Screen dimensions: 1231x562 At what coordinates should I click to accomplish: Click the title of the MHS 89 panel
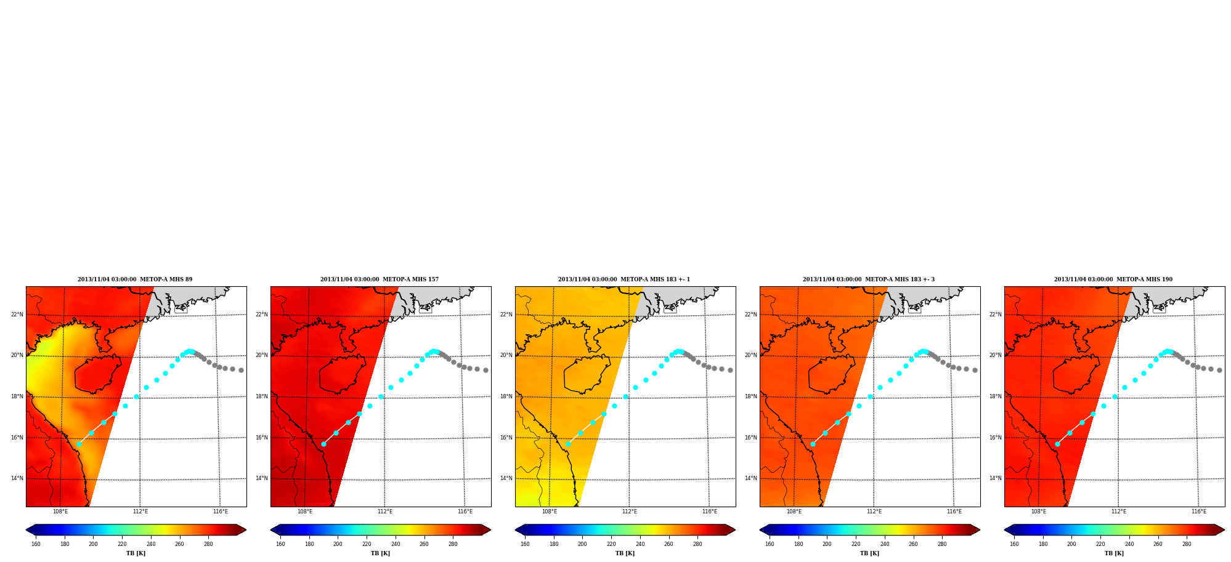(135, 279)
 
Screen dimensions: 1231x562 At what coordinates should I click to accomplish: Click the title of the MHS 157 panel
(380, 279)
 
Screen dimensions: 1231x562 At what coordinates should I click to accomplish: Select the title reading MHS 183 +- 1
(624, 279)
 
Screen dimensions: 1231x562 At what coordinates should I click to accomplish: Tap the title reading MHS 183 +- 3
(869, 279)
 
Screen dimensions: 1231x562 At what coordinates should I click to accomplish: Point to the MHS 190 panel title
(1113, 279)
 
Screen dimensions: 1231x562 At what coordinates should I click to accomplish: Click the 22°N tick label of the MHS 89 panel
(17, 315)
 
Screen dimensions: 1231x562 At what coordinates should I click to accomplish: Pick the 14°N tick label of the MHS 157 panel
(262, 478)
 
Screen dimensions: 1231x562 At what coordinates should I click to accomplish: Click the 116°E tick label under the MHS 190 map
(1199, 512)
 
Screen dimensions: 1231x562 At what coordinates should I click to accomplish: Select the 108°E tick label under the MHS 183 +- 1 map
(550, 512)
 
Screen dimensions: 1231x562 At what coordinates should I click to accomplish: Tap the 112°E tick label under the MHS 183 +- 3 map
(874, 512)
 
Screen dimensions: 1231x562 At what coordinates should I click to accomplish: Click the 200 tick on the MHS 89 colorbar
(93, 544)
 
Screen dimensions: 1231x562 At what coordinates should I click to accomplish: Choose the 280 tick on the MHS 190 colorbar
(1187, 544)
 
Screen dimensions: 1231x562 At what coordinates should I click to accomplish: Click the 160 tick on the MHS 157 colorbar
(280, 544)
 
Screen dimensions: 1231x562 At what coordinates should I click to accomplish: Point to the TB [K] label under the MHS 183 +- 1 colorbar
(625, 553)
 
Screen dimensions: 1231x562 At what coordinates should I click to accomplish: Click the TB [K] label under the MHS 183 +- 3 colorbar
(870, 553)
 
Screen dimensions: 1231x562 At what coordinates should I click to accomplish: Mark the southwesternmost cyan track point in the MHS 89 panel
(79, 444)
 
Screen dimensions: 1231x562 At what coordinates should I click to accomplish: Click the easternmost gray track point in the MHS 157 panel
(485, 370)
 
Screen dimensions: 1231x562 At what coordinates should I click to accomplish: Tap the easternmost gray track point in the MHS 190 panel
(1219, 370)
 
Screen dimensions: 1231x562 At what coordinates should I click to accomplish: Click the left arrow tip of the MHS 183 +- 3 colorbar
(760, 530)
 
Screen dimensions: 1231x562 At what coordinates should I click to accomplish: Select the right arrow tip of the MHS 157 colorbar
(490, 530)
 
